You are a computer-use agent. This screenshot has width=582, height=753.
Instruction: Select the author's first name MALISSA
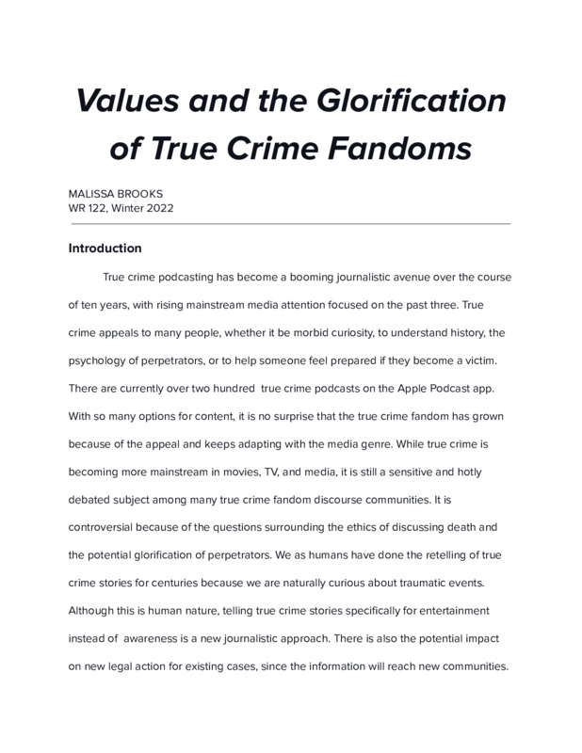pyautogui.click(x=93, y=193)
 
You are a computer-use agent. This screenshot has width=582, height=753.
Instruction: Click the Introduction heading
pyautogui.click(x=105, y=248)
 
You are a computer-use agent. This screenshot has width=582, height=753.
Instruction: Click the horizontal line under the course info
pyautogui.click(x=289, y=224)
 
